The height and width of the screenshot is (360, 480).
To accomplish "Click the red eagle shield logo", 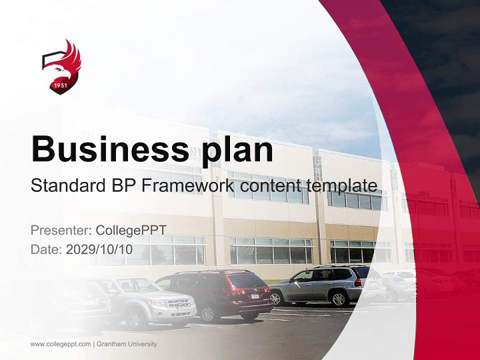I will [x=61, y=66].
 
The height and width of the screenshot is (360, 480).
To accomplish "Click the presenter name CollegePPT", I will [x=131, y=230].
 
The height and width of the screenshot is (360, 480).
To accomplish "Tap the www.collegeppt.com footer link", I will [x=60, y=344].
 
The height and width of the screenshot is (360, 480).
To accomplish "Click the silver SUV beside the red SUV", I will [x=150, y=300].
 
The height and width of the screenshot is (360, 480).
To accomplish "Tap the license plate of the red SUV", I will [x=255, y=296].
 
